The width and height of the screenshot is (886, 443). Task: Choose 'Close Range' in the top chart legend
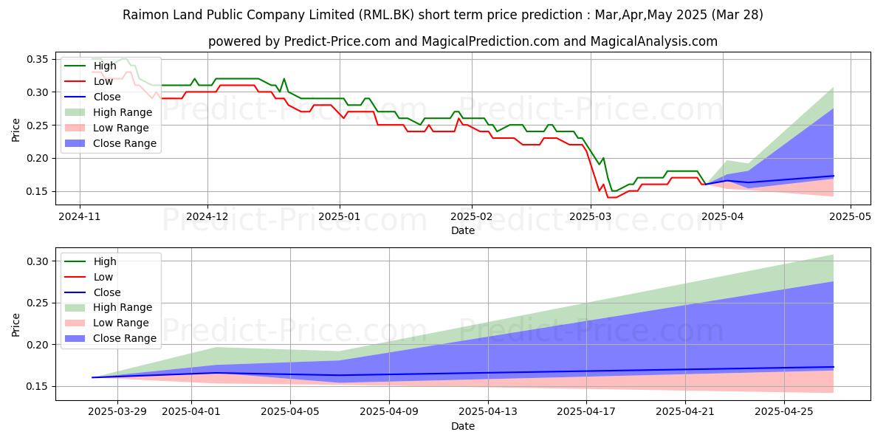click(x=124, y=143)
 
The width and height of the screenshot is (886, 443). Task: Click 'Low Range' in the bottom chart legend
click(x=121, y=323)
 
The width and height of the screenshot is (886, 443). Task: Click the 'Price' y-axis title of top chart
click(x=16, y=129)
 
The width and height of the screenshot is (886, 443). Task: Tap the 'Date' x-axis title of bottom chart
click(x=463, y=426)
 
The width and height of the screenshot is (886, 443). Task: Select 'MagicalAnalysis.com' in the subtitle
click(x=653, y=41)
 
